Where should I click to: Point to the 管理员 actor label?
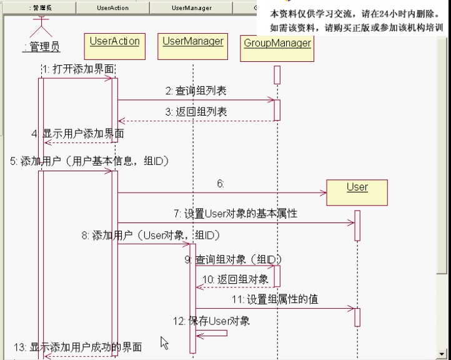(41, 46)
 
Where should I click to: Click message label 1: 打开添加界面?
(78, 69)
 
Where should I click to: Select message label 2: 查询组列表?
(196, 91)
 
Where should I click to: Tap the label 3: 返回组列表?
(196, 112)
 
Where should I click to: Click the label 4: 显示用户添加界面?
(77, 134)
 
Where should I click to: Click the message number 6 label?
(220, 184)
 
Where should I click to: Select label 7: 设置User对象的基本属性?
(235, 214)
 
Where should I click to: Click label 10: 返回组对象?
(235, 279)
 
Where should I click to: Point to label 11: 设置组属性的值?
(274, 299)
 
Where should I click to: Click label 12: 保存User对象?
(211, 321)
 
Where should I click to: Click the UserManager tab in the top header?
(191, 8)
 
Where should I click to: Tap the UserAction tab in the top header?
(112, 8)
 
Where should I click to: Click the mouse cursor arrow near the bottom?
(164, 342)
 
